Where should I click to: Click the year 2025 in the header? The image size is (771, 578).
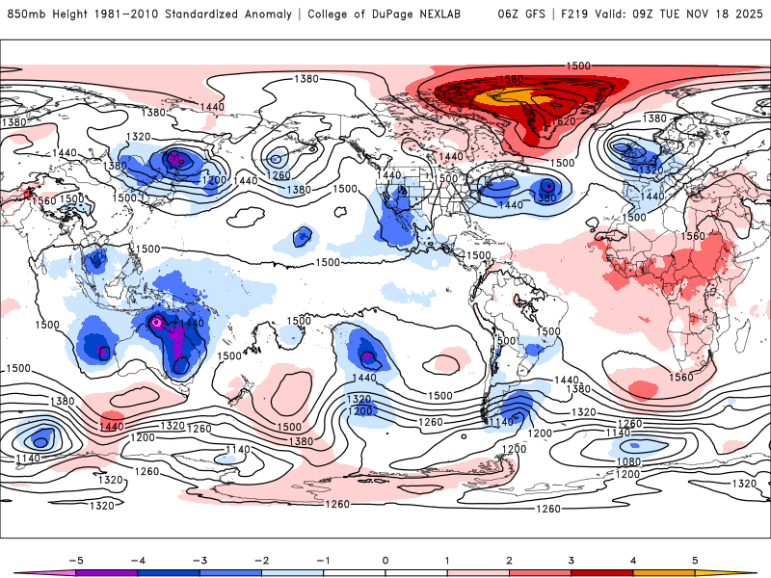pyautogui.click(x=749, y=14)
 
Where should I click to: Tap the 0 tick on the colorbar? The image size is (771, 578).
pyautogui.click(x=385, y=560)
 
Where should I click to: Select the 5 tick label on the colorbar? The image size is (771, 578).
pyautogui.click(x=695, y=560)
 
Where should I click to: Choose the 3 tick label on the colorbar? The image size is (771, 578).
pyautogui.click(x=571, y=560)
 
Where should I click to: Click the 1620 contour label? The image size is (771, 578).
pyautogui.click(x=562, y=122)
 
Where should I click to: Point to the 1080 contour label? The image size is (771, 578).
pyautogui.click(x=630, y=461)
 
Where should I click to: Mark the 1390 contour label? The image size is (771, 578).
pyautogui.click(x=546, y=197)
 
